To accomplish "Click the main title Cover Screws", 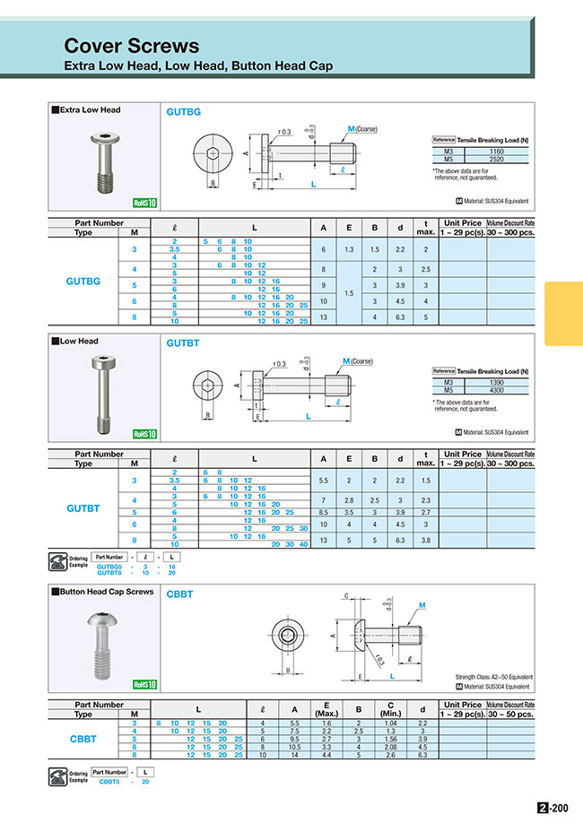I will coord(131,46).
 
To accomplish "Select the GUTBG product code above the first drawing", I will coord(183,111).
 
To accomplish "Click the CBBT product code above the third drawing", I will coord(179,594).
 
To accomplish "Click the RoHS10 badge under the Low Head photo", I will coord(144,434).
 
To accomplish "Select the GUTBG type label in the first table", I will coord(83,281).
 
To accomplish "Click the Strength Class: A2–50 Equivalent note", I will coord(494,677).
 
